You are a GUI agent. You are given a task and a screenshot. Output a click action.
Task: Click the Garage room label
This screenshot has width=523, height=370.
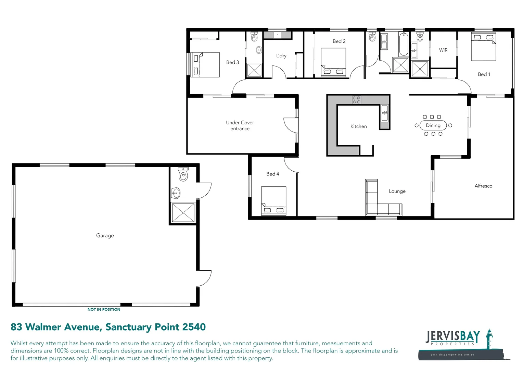point(105,235)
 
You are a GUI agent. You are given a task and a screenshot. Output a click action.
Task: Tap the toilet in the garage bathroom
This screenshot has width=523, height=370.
point(183,175)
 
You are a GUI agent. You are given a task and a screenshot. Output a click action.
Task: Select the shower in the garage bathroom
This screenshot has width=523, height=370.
point(183,212)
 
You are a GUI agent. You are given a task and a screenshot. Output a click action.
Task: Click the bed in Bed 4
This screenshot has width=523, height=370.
point(273,200)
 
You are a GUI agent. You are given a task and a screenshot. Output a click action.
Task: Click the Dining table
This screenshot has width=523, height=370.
point(433,125)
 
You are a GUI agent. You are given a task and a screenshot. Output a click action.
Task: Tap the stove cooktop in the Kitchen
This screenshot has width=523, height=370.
point(357,100)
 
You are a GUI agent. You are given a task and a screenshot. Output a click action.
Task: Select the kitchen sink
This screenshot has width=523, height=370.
point(385,113)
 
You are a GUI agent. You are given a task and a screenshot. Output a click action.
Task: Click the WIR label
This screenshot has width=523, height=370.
point(443,50)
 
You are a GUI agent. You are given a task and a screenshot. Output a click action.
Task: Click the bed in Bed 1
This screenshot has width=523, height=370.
point(483,47)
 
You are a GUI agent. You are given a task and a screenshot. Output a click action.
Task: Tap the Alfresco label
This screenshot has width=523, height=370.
point(483,186)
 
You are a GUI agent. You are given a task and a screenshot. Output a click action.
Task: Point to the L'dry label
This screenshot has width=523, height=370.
point(281,56)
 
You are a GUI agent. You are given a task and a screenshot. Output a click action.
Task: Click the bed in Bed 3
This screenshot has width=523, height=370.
point(205,64)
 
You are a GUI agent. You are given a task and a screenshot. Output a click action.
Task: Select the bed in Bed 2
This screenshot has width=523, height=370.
point(333,62)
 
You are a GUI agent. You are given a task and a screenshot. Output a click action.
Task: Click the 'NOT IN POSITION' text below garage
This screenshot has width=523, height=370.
point(104,309)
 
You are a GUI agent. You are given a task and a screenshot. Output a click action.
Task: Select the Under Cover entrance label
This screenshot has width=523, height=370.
point(240,125)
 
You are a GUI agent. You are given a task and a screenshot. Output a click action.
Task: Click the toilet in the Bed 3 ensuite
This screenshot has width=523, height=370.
point(254,37)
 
